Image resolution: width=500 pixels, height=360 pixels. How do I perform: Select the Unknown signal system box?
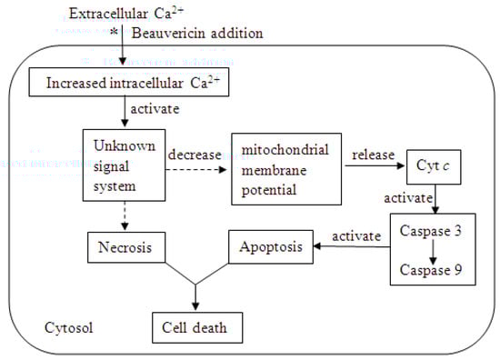(124, 163)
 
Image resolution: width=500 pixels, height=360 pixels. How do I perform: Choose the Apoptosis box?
(268, 245)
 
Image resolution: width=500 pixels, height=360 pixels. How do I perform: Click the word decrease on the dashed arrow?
(194, 154)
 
